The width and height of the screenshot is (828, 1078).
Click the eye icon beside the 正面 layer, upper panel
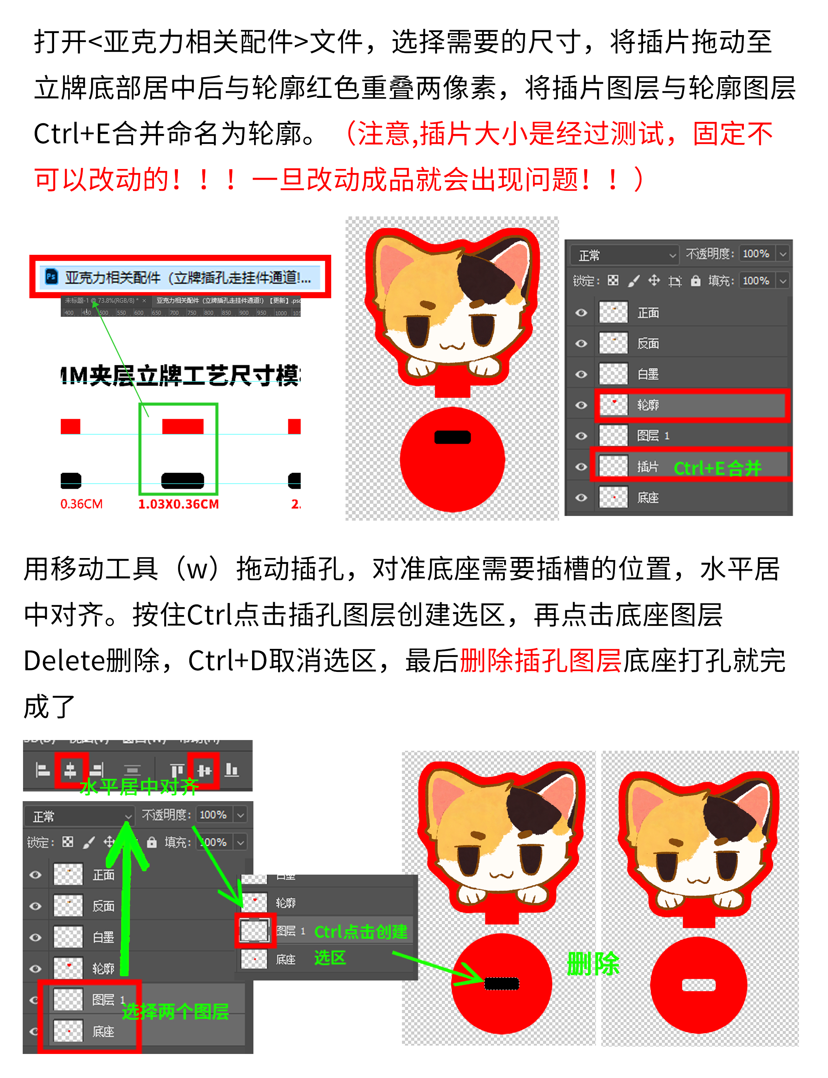click(x=581, y=313)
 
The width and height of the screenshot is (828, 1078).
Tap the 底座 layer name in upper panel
click(x=648, y=497)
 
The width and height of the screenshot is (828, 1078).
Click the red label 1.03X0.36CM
click(x=178, y=504)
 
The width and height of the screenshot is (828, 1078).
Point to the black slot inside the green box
click(x=182, y=480)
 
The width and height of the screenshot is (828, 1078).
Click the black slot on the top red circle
click(x=452, y=437)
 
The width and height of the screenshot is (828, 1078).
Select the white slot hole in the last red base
click(x=698, y=985)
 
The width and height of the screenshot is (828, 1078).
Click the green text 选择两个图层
click(x=175, y=1012)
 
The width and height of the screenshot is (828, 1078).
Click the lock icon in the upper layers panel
click(x=695, y=281)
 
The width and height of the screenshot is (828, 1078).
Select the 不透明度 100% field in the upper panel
click(x=756, y=253)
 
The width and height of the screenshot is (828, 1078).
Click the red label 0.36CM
click(x=81, y=504)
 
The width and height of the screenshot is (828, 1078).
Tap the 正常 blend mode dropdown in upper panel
click(x=623, y=255)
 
